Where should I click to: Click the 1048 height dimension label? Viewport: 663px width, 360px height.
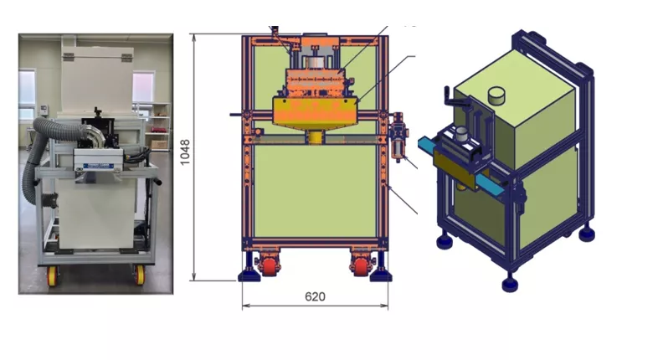[x=185, y=152]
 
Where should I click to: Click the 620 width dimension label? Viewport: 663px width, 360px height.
[x=315, y=296]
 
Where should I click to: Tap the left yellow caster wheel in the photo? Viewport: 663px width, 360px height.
[x=53, y=275]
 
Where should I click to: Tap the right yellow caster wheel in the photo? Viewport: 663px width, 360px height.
[x=139, y=275]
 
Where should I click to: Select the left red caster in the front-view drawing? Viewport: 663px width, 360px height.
[x=269, y=266]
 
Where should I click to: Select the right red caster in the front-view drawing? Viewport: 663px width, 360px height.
[x=361, y=266]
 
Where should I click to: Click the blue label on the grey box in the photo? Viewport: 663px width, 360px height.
[x=98, y=167]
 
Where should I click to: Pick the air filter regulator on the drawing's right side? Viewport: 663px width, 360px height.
[x=398, y=136]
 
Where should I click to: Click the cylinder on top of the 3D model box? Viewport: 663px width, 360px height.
[x=496, y=95]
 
